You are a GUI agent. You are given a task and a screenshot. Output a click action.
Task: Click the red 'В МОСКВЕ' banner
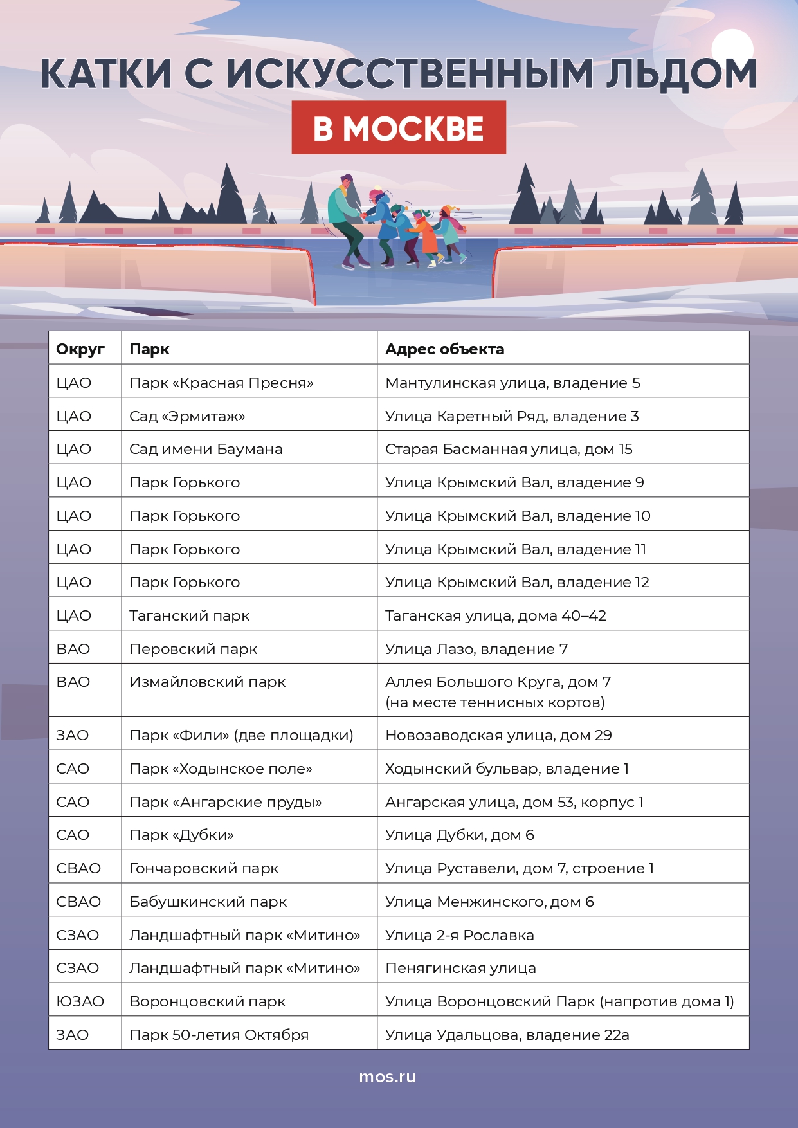(x=399, y=128)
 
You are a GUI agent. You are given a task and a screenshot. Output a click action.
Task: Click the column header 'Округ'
(x=80, y=349)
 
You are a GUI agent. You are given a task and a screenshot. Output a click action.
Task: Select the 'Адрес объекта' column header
(x=444, y=349)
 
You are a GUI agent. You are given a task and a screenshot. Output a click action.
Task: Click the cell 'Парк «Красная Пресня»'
(x=221, y=383)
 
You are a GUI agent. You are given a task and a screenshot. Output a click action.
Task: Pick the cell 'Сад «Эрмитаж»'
(x=187, y=416)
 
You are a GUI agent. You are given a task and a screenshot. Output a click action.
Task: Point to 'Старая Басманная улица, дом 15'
(x=509, y=449)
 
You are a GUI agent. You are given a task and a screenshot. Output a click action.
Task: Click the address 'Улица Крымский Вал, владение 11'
(x=515, y=549)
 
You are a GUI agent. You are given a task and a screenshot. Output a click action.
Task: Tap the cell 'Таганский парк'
(x=189, y=615)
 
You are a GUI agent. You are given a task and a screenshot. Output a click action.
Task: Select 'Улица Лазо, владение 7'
(x=476, y=649)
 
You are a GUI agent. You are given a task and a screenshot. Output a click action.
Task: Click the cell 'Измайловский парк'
(x=207, y=682)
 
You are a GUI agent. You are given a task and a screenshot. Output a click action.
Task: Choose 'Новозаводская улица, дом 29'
(x=498, y=735)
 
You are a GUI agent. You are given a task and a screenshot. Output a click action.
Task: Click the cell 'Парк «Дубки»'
(x=181, y=835)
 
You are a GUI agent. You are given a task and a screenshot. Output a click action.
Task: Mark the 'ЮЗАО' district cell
(x=80, y=1001)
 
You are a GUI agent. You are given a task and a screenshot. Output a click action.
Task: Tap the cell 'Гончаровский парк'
(x=204, y=868)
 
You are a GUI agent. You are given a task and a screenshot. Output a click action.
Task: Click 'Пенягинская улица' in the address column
(x=460, y=968)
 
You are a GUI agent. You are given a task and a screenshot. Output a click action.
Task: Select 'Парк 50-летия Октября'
(x=219, y=1035)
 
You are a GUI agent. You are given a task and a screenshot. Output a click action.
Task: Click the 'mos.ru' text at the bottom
(x=387, y=1077)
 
